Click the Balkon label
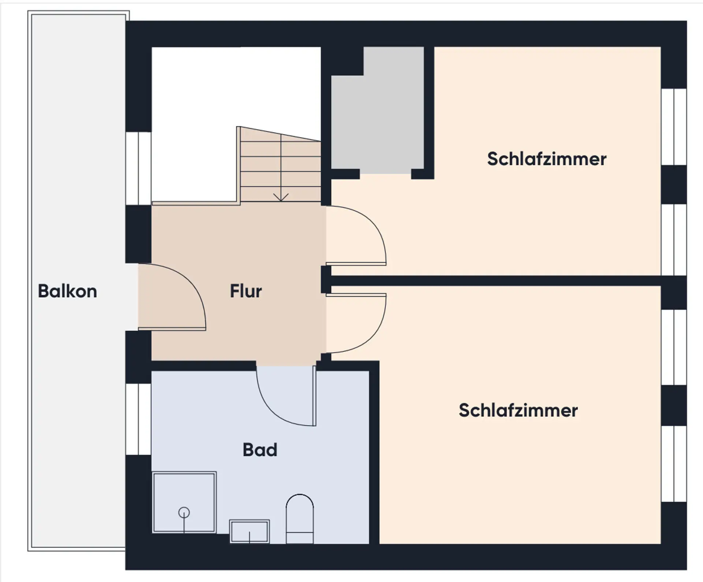67,292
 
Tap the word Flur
246,291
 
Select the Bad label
260,449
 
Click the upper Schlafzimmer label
547,159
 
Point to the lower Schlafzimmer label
518,410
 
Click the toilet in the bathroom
300,519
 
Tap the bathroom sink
250,531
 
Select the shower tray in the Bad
184,502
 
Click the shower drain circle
184,512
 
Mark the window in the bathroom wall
138,419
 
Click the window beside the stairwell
138,168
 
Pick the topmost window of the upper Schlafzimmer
674,127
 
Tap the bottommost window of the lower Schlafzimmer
674,464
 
